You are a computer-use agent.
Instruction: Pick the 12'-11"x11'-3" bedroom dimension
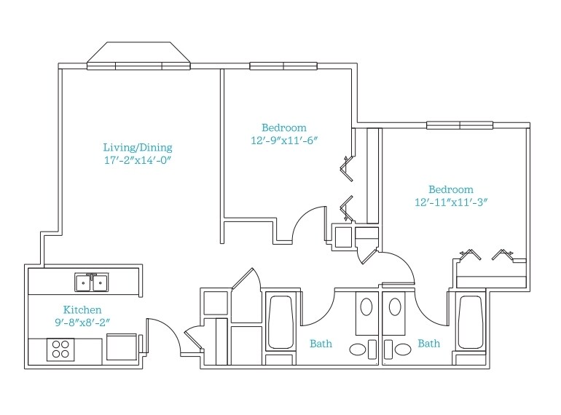pyautogui.click(x=450, y=202)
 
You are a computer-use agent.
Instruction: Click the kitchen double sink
pyautogui.click(x=92, y=282)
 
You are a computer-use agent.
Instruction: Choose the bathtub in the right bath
pyautogui.click(x=471, y=322)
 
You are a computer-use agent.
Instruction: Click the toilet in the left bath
pyautogui.click(x=359, y=349)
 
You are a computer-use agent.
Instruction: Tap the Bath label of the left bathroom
pyautogui.click(x=321, y=343)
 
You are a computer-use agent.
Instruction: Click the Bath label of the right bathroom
pyautogui.click(x=429, y=343)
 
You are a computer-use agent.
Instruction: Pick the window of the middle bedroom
pyautogui.click(x=283, y=66)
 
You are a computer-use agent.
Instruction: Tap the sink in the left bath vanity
pyautogui.click(x=367, y=307)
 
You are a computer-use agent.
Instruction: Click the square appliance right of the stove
pyautogui.click(x=121, y=346)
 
